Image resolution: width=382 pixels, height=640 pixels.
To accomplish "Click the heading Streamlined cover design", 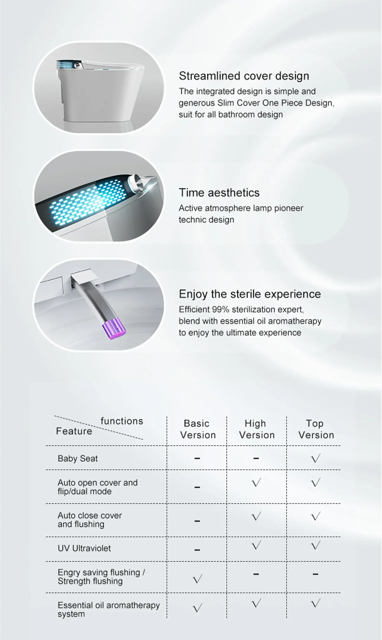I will [244, 76].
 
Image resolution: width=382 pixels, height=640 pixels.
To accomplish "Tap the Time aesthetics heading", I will [219, 193].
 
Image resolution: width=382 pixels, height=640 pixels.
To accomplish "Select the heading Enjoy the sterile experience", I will [250, 294].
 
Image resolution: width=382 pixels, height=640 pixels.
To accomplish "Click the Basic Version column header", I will [197, 429].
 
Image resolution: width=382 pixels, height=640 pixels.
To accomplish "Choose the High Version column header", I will [256, 429].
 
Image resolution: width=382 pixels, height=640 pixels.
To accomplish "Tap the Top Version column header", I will [316, 429].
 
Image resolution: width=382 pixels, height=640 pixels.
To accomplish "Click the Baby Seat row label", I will [78, 458].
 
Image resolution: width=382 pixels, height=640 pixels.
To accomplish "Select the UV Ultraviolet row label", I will [84, 548].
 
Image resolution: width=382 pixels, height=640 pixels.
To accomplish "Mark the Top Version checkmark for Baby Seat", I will [315, 458].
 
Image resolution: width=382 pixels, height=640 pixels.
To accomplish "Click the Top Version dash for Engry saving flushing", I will [315, 574].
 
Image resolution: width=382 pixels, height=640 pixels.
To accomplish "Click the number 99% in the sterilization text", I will [220, 309].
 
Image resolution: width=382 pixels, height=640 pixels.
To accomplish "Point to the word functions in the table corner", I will [122, 421].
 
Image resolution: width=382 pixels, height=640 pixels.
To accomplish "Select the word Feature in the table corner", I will [74, 431].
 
